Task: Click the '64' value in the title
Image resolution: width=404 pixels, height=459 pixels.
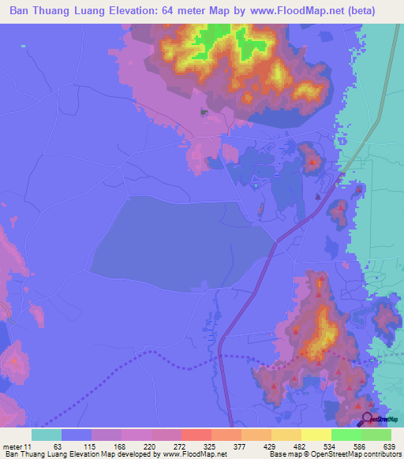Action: click(175, 11)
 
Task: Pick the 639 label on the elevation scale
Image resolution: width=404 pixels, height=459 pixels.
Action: click(390, 446)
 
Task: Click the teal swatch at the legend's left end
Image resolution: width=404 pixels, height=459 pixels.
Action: click(47, 435)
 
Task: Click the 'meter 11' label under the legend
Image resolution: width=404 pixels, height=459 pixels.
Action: click(17, 446)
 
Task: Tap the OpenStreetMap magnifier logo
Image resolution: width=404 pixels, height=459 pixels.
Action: click(368, 420)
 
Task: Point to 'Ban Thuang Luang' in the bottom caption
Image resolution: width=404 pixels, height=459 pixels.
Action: click(36, 454)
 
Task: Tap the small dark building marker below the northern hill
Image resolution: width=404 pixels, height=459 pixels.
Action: click(206, 113)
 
